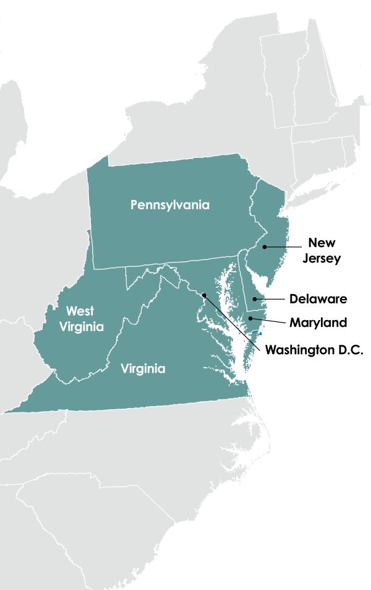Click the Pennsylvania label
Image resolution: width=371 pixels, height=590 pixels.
pos(170,205)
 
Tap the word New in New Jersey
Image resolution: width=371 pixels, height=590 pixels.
pos(322,243)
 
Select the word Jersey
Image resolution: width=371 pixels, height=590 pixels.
pos(322,259)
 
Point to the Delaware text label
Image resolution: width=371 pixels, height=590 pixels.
pos(318,300)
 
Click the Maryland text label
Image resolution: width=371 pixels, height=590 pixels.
pos(318,323)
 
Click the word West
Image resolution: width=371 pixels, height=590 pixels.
pos(80,311)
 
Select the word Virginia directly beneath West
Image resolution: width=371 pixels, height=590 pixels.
pos(82,327)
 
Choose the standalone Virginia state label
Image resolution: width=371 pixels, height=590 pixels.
pos(143,369)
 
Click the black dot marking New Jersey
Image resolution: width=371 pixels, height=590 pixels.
pos(265,246)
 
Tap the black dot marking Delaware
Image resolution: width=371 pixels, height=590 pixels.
pos(254,300)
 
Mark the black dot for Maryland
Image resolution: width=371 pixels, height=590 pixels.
pos(250,319)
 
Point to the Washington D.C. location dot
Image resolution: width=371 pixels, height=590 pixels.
pos(204,295)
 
